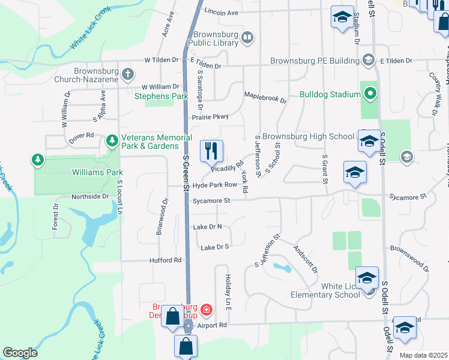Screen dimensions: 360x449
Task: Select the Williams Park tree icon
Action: pos(38,160)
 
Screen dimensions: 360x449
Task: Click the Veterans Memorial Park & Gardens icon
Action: pos(112,140)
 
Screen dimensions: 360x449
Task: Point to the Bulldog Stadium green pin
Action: pos(370,94)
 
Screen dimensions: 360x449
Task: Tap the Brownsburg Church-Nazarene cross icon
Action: pos(127,74)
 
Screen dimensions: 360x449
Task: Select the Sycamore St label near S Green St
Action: pos(211,200)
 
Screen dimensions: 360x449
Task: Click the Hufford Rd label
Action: pos(165,260)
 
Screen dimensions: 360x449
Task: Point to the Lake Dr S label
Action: pos(215,247)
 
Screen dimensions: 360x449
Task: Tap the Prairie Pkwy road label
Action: pos(211,117)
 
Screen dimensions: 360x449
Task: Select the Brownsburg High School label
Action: pos(308,137)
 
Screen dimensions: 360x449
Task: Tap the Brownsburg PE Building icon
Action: pos(369,60)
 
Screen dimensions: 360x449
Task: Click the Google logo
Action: pos(20,353)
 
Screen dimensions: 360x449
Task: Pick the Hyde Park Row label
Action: pos(215,185)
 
